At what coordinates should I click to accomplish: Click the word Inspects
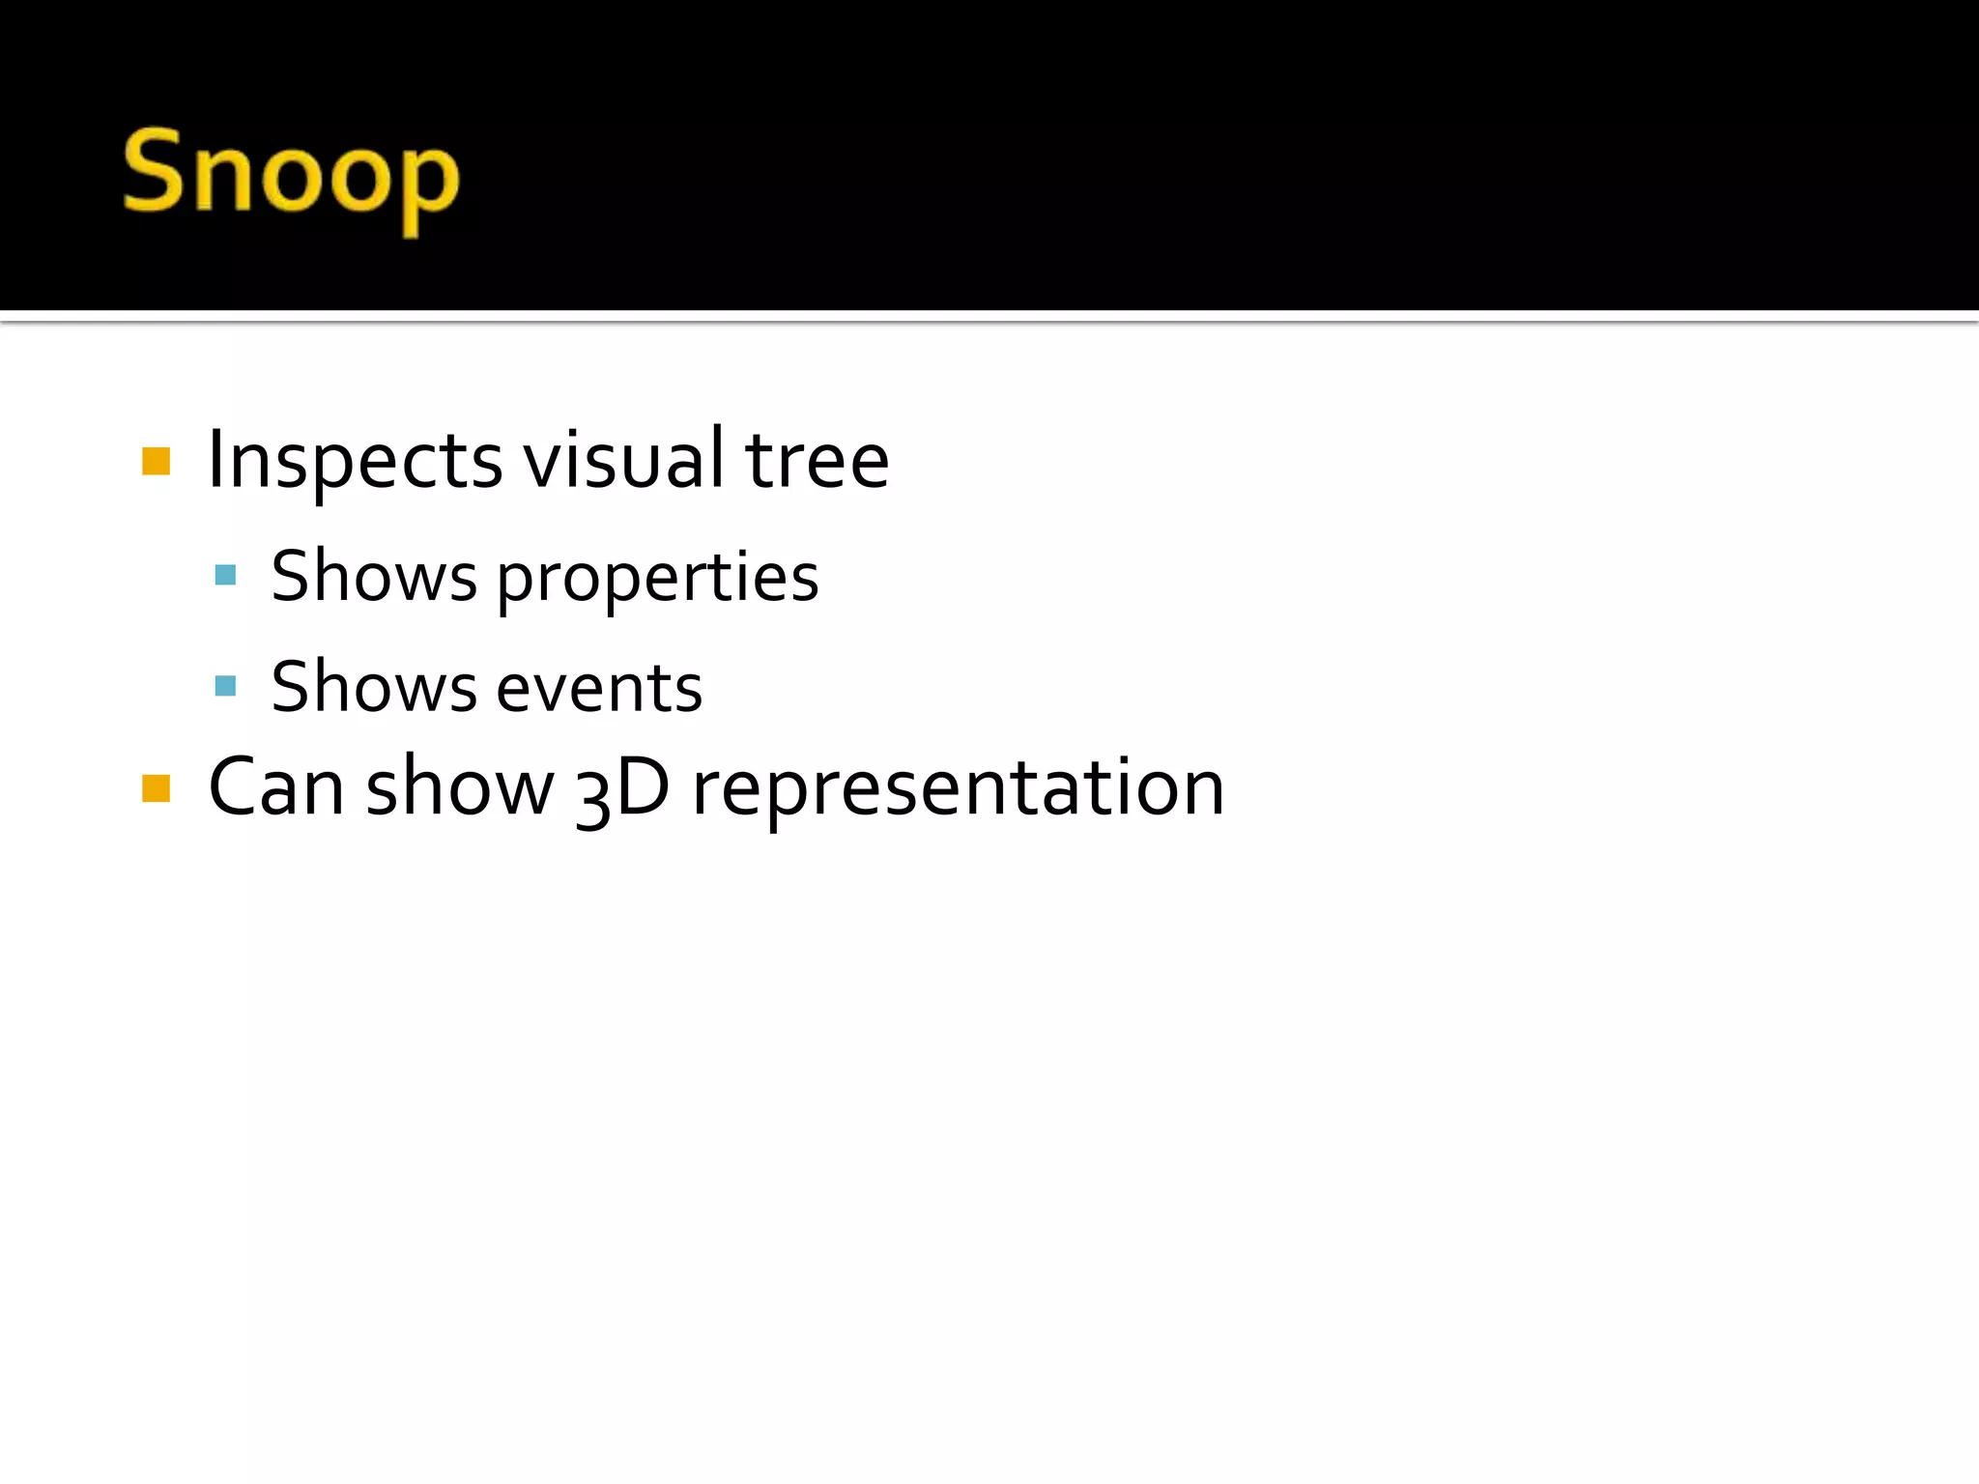point(355,462)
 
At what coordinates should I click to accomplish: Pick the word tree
point(817,461)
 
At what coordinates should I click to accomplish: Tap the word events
point(599,689)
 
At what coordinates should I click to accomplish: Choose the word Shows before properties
point(374,577)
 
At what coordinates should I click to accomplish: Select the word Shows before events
point(374,688)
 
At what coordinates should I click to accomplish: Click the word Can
point(275,787)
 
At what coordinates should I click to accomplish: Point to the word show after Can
point(460,787)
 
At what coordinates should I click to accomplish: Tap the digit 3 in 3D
point(591,794)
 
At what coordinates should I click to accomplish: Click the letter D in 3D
point(641,786)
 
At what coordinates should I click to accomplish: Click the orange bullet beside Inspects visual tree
point(156,462)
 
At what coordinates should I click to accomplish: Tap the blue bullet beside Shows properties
point(225,576)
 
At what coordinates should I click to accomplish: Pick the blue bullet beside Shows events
point(225,686)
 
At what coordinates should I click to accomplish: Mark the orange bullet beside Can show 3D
point(156,788)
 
